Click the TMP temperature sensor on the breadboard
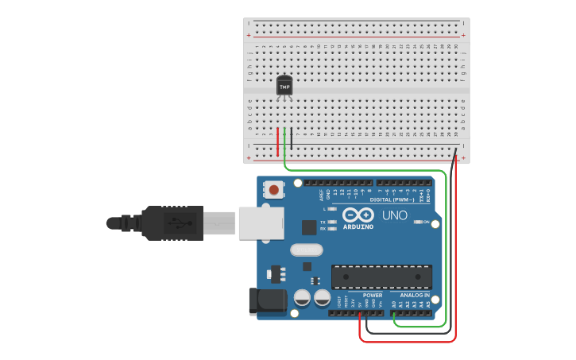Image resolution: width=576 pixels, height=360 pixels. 284,86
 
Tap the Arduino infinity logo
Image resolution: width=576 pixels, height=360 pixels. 358,215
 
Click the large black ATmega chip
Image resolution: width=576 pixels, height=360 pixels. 381,277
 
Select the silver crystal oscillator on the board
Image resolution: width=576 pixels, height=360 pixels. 307,250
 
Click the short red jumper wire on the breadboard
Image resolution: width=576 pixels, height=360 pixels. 277,141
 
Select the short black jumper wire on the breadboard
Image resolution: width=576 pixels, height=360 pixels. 291,138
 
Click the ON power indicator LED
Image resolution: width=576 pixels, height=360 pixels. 419,222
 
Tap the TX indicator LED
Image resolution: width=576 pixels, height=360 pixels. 331,222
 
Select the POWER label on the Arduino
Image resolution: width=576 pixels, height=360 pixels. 373,295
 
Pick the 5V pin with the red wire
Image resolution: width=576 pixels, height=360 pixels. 360,312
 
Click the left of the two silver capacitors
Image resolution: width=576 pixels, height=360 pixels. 302,298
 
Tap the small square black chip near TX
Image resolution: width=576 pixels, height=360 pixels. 309,227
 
